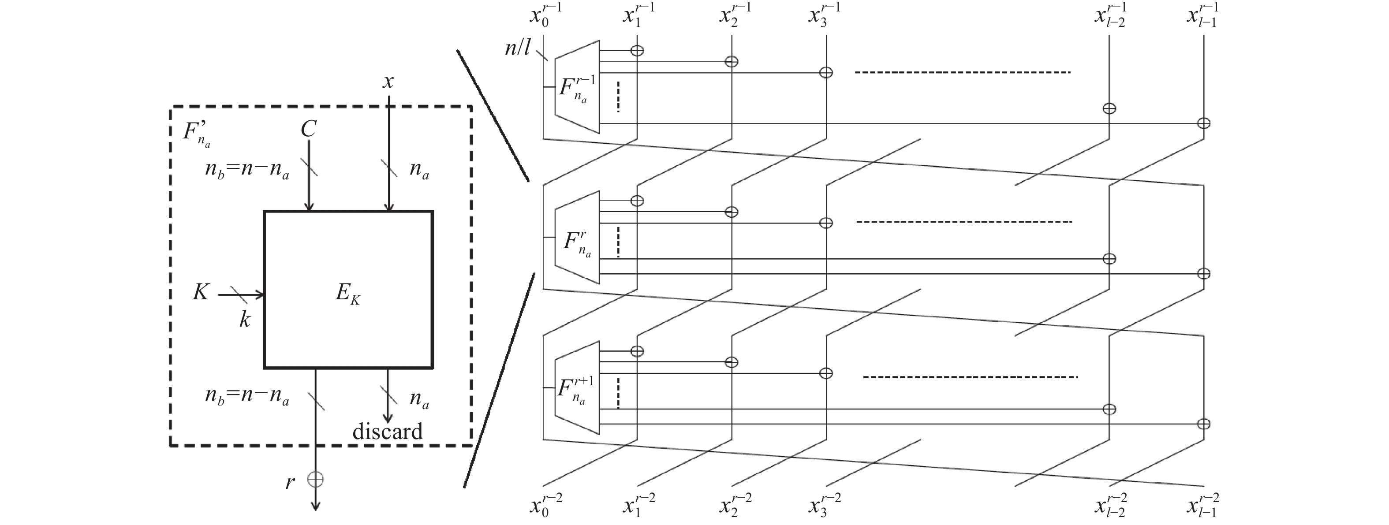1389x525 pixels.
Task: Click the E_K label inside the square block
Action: pos(348,294)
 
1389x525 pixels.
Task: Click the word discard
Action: pos(388,431)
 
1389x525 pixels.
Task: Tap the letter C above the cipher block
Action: pos(308,129)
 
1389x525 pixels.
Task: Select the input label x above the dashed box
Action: pos(388,82)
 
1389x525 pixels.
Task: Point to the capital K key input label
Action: pos(201,292)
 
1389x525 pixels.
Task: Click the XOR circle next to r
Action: pos(315,479)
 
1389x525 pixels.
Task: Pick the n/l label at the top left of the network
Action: pos(518,48)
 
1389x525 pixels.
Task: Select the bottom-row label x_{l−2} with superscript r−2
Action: pos(1110,505)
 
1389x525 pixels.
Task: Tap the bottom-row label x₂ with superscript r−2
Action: pos(736,505)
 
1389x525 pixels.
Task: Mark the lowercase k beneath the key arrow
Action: pos(245,320)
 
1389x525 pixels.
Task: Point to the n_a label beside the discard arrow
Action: pos(419,399)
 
